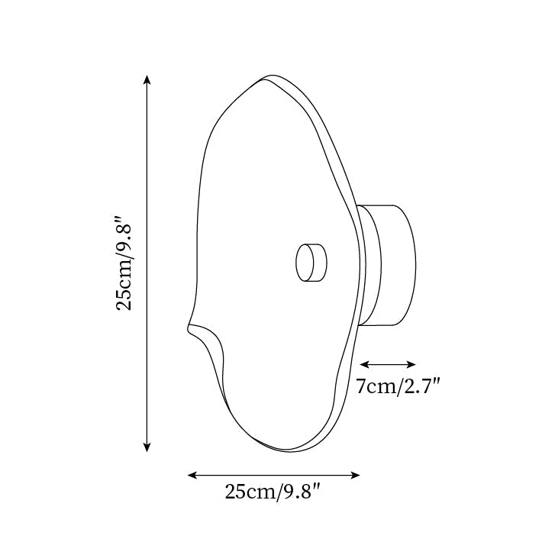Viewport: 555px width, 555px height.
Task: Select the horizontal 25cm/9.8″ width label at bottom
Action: click(272, 492)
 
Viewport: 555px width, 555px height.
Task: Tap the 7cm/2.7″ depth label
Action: click(398, 386)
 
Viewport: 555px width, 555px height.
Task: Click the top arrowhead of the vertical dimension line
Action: click(147, 79)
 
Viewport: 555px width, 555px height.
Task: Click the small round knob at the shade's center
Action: click(310, 262)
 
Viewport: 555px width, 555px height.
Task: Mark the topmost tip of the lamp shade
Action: click(269, 76)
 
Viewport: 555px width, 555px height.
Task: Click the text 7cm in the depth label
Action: click(375, 386)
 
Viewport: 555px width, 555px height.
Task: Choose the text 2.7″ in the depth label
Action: click(421, 386)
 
